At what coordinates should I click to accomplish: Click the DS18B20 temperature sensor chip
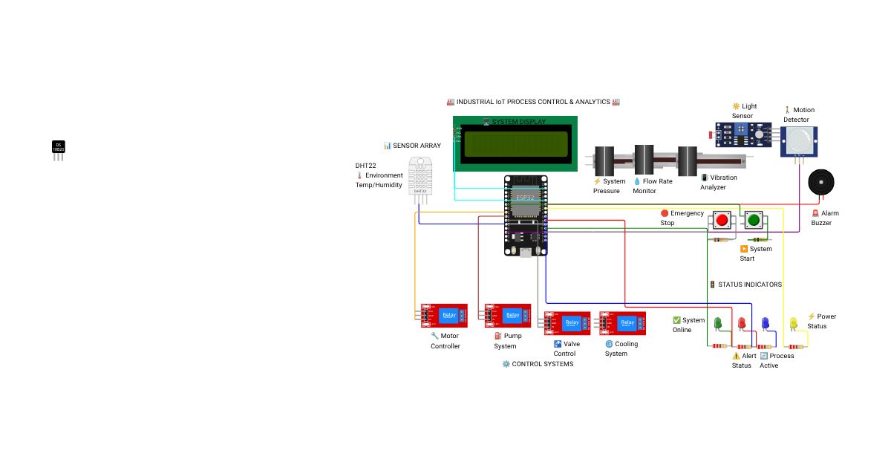[58, 148]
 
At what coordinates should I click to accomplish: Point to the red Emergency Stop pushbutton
[722, 220]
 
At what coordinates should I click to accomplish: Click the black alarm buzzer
[821, 182]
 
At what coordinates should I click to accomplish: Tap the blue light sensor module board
[743, 133]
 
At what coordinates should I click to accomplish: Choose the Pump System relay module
[507, 316]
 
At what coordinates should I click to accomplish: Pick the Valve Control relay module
[567, 323]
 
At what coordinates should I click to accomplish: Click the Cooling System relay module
[622, 323]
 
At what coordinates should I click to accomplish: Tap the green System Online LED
[718, 324]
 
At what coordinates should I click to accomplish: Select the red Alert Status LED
[741, 324]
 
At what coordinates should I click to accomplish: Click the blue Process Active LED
[765, 324]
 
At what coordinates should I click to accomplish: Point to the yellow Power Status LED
[793, 324]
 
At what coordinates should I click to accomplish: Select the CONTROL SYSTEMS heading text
[538, 364]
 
